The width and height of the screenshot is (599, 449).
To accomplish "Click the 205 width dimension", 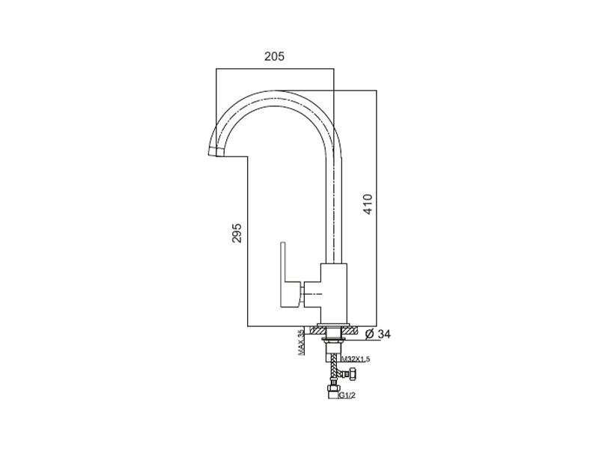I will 275,56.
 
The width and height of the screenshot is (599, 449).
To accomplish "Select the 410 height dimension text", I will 367,204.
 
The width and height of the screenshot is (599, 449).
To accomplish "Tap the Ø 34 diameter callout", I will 379,333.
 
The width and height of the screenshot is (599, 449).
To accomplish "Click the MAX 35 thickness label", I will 301,343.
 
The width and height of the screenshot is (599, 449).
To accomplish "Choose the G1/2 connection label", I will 347,395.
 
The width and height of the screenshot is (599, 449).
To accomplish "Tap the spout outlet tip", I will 214,153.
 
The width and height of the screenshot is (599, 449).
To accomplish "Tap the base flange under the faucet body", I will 333,326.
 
